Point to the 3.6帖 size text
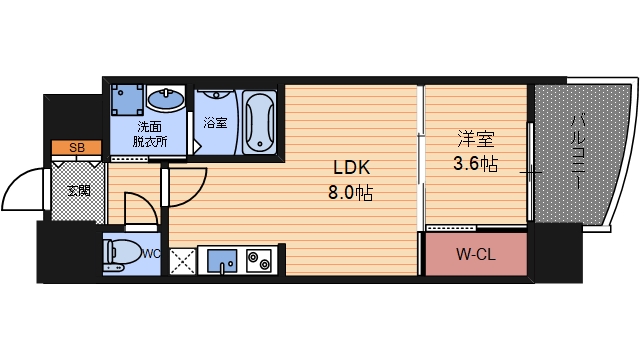click(x=476, y=162)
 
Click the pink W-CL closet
click(x=475, y=255)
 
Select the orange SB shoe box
click(x=76, y=148)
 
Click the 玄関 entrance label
click(x=78, y=190)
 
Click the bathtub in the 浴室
click(x=259, y=121)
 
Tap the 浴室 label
click(x=214, y=124)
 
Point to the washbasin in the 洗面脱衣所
click(x=165, y=100)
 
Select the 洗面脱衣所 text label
click(x=152, y=135)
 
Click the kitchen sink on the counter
click(x=222, y=262)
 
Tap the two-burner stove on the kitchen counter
click(x=258, y=262)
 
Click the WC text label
click(x=152, y=253)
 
